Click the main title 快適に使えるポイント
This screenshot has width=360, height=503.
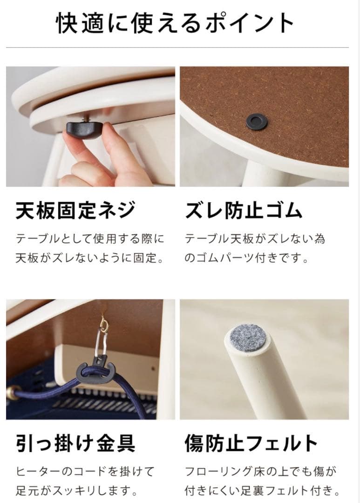177,23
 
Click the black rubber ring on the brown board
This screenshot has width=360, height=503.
256,122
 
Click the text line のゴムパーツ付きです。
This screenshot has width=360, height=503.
246,258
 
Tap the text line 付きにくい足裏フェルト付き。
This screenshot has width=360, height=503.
261,490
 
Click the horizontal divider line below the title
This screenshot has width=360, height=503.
177,48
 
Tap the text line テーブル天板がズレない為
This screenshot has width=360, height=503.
255,239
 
